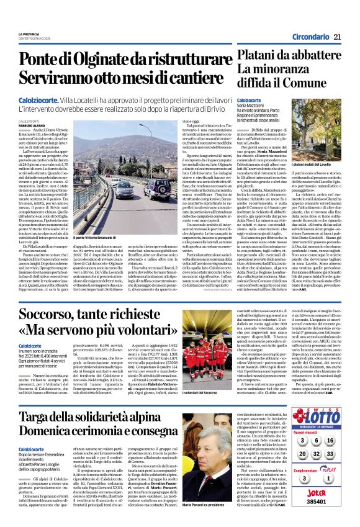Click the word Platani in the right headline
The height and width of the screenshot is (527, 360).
[x=259, y=56]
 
